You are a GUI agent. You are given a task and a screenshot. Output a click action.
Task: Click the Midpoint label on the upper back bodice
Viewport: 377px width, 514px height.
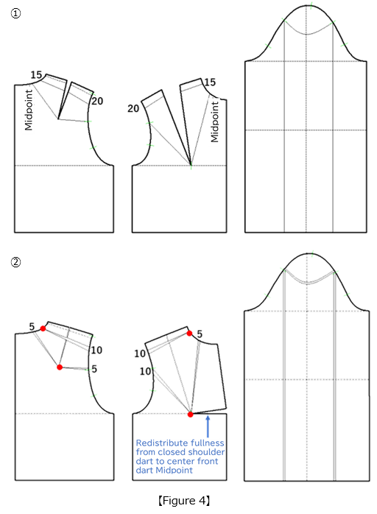[x=29, y=108]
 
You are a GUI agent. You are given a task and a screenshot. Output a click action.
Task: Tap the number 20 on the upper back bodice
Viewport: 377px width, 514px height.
[x=97, y=101]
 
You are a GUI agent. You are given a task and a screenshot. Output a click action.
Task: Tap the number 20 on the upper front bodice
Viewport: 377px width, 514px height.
[x=133, y=108]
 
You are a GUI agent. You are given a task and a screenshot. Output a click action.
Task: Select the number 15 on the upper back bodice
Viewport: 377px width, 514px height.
[x=35, y=75]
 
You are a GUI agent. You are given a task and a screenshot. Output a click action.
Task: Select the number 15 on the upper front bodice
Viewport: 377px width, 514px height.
[x=211, y=82]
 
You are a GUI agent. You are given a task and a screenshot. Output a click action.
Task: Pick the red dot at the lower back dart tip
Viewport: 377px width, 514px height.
[x=59, y=366]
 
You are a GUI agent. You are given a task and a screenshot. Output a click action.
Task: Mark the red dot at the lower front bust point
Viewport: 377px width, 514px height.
[x=191, y=415]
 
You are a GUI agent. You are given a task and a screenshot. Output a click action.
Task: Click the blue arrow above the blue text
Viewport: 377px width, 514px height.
[x=208, y=427]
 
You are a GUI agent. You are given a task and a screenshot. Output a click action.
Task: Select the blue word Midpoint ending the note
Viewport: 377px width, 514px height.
[x=177, y=470]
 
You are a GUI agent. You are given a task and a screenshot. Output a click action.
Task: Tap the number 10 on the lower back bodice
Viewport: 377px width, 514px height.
[x=96, y=350]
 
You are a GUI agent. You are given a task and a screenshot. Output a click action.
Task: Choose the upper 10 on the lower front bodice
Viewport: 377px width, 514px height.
[x=139, y=353]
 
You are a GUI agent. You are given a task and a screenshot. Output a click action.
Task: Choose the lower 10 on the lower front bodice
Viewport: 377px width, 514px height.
[x=145, y=372]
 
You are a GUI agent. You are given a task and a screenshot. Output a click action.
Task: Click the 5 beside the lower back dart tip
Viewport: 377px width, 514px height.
[x=94, y=369]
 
